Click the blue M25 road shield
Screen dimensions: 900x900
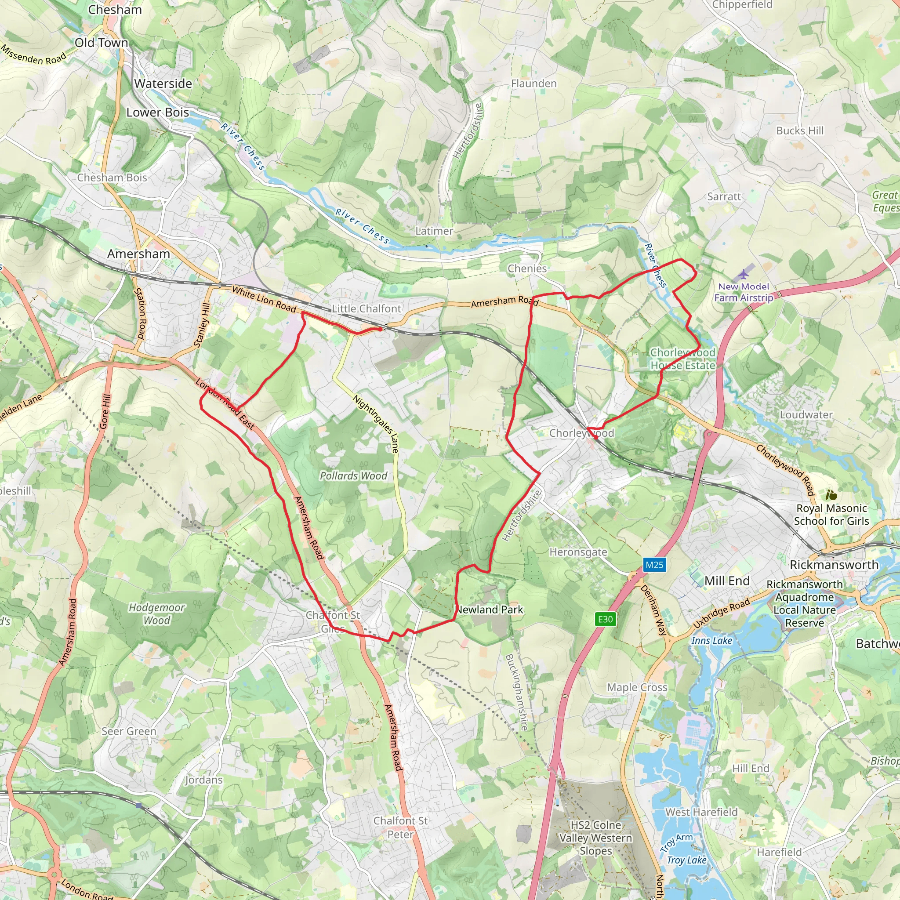point(654,565)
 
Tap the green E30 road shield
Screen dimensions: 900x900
point(605,619)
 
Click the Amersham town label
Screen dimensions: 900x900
point(138,254)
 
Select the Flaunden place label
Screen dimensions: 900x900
point(534,84)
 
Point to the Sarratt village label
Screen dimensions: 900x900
point(723,196)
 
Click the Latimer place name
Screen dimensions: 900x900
point(434,231)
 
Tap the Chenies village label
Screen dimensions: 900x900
point(527,269)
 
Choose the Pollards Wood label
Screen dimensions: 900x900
point(353,476)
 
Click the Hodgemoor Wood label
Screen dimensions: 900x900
point(156,614)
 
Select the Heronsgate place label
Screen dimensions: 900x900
point(578,552)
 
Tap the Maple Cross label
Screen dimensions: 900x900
point(637,688)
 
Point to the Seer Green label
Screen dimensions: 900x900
point(129,731)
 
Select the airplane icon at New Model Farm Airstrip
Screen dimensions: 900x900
point(744,273)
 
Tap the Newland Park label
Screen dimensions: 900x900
point(490,610)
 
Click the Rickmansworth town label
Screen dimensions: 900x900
point(834,565)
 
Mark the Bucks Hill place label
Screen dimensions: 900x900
point(800,131)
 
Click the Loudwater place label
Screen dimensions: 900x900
point(806,414)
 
